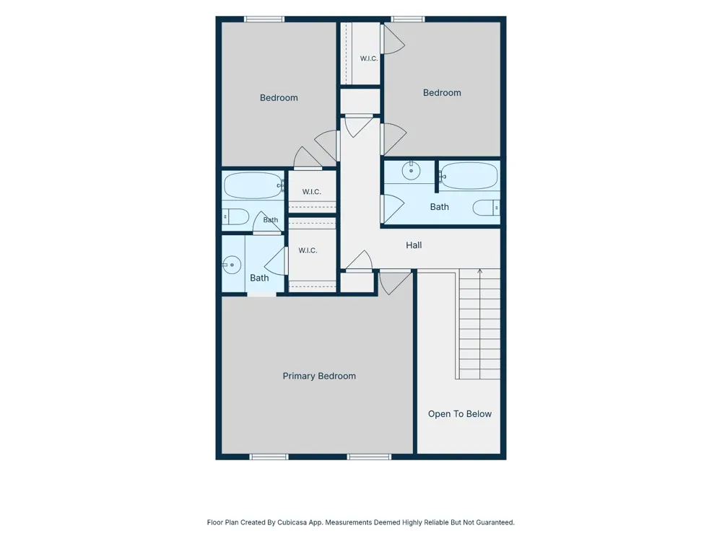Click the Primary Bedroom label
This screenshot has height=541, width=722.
(319, 377)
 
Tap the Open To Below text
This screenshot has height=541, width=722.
(459, 414)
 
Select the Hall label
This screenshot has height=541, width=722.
(414, 245)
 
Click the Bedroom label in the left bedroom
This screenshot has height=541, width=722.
(279, 98)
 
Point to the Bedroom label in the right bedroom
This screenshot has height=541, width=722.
(442, 93)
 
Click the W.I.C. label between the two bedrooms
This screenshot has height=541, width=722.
(369, 58)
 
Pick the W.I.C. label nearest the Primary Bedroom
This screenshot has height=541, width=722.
(308, 251)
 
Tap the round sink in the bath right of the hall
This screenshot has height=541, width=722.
(411, 171)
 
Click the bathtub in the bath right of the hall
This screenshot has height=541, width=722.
(469, 175)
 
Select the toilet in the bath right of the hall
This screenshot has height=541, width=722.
(486, 208)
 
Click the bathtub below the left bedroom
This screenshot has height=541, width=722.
(253, 185)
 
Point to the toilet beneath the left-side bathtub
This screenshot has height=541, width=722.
(235, 216)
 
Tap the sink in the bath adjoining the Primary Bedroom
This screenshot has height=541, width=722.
(232, 265)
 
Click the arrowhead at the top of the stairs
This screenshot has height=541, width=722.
(480, 271)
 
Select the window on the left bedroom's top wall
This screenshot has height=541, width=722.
(264, 19)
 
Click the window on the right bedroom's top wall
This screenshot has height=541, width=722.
(408, 19)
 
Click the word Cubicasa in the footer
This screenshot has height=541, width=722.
(292, 522)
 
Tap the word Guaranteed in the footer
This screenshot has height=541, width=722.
(495, 522)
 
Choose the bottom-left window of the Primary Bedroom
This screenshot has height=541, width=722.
(269, 457)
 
